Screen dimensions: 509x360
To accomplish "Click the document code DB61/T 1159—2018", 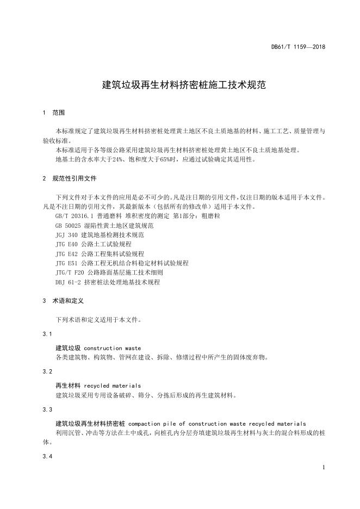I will (x=298, y=47).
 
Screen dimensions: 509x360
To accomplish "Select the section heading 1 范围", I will (x=53, y=113).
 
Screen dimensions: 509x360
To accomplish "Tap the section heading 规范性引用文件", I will (x=75, y=178).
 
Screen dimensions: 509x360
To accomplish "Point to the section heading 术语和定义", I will (x=67, y=300).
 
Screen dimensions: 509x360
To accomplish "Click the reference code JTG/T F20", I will (x=71, y=272).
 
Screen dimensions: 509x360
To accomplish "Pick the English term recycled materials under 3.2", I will (x=113, y=386).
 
